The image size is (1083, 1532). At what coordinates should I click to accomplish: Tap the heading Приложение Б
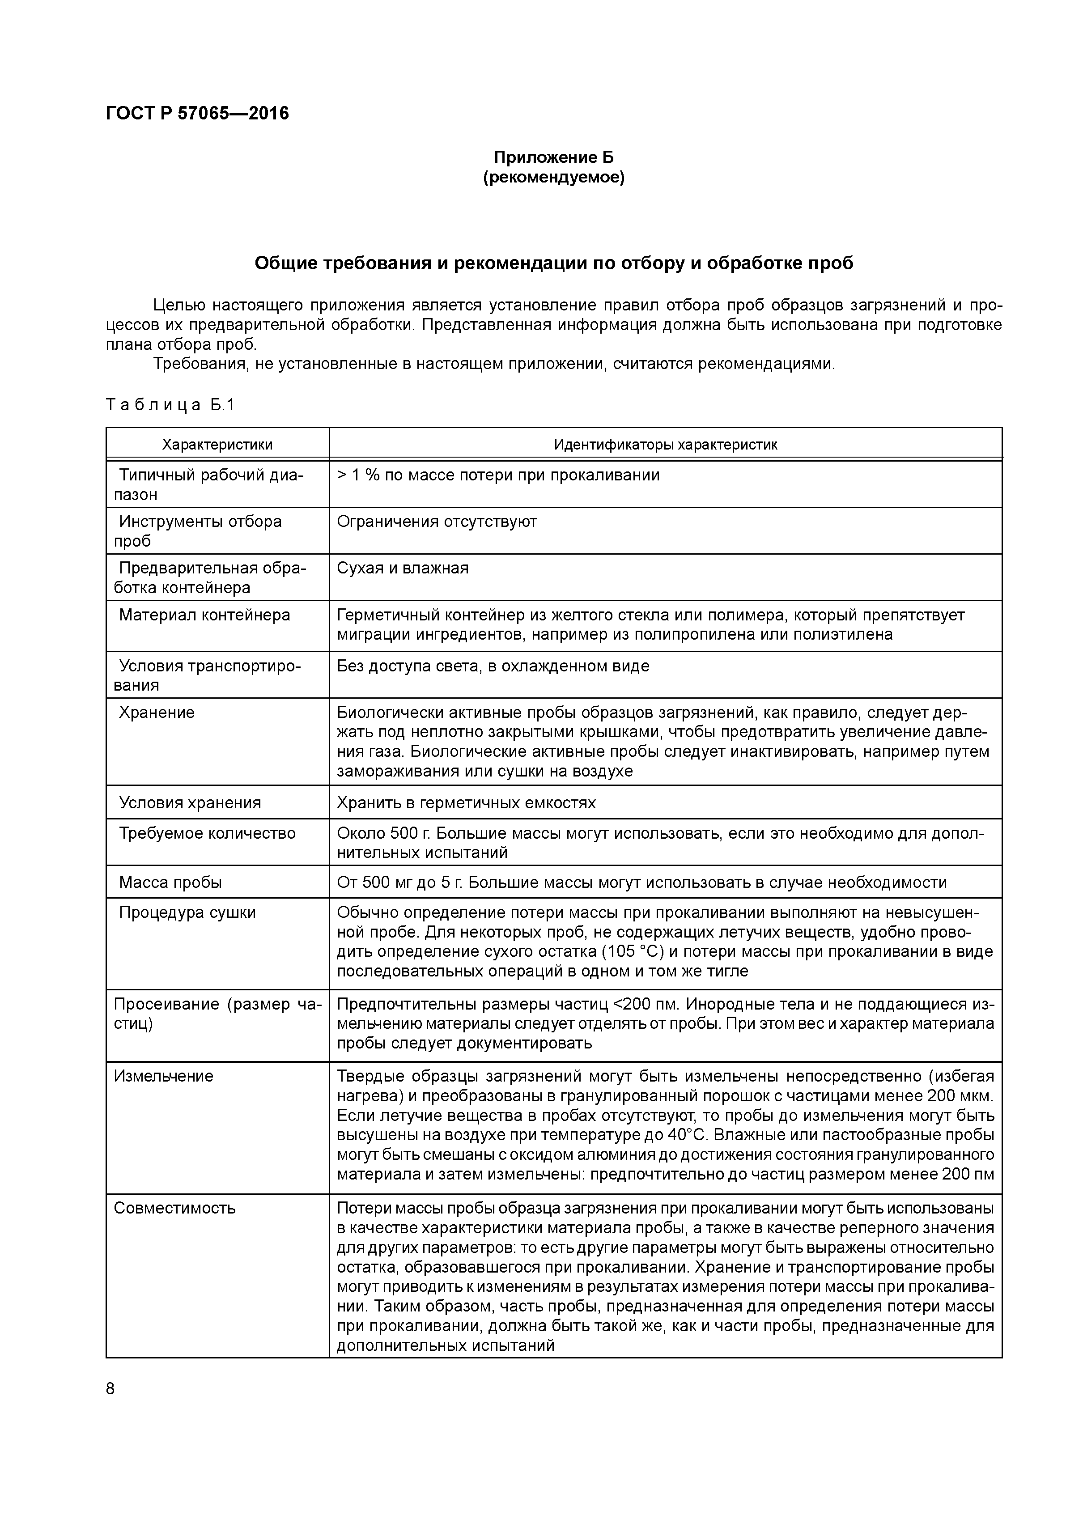click(x=553, y=157)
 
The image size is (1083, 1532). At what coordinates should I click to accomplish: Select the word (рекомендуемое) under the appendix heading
click(x=553, y=178)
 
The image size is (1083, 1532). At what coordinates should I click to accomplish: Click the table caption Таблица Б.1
click(x=170, y=405)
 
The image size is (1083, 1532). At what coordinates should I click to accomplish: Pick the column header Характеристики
click(x=217, y=444)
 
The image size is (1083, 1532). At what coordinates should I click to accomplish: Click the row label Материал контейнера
click(x=204, y=615)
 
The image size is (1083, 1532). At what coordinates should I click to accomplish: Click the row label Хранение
click(x=157, y=712)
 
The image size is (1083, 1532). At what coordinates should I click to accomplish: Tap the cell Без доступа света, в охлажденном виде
click(x=493, y=666)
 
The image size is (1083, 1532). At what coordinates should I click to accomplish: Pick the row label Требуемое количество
click(x=207, y=833)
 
